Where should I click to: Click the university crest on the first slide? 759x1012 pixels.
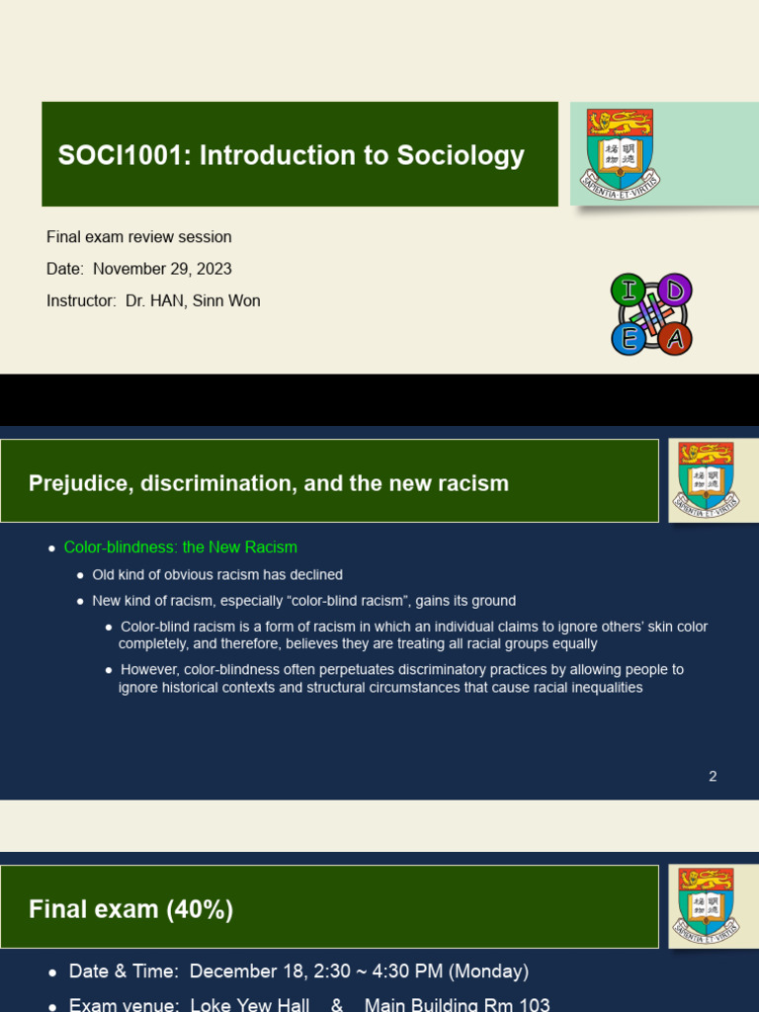tap(621, 151)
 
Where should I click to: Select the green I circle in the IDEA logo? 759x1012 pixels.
tap(625, 290)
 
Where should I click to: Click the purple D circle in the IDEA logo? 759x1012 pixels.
tap(676, 290)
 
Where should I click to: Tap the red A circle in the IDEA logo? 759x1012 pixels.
tap(676, 340)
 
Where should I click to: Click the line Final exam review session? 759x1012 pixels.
tap(139, 237)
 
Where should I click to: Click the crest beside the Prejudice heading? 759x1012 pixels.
tap(705, 479)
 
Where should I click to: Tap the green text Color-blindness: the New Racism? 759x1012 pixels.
tap(181, 548)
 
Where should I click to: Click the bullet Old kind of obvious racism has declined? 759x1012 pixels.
tap(217, 574)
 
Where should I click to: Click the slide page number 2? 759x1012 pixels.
tap(713, 776)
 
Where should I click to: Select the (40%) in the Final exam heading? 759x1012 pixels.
tap(202, 909)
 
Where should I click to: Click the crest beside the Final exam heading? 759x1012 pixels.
tap(705, 905)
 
